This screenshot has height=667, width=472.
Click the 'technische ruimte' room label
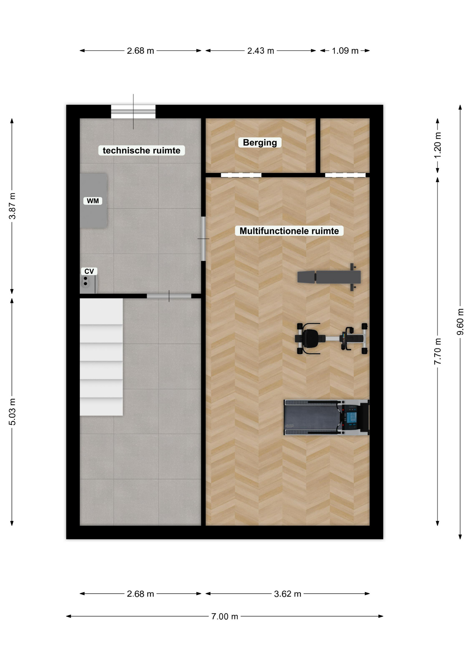pos(141,150)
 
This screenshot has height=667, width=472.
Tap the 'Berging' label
pos(260,142)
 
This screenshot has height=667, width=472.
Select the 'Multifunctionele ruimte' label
pos(289,231)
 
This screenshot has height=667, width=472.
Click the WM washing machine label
pos(93,201)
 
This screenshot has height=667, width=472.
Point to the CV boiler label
pos(89,271)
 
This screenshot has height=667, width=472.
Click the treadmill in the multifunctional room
pos(326,417)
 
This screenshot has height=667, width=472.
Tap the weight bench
pos(329,277)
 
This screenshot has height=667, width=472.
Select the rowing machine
pos(331,338)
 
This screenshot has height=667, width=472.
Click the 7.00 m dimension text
pos(225,616)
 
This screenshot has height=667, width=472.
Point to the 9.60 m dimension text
pos(460,322)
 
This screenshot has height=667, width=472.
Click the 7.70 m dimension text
pos(437,351)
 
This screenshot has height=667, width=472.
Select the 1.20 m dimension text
pos(437,145)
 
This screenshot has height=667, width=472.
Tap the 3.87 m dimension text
pos(12,206)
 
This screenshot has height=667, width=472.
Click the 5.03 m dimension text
pos(12,412)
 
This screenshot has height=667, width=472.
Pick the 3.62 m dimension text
pos(287,594)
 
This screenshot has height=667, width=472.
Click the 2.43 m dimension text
pos(261,51)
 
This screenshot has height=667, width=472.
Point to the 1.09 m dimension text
pos(345,51)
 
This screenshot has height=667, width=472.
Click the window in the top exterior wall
pos(133,112)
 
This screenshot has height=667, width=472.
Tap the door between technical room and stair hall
pos(169,296)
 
